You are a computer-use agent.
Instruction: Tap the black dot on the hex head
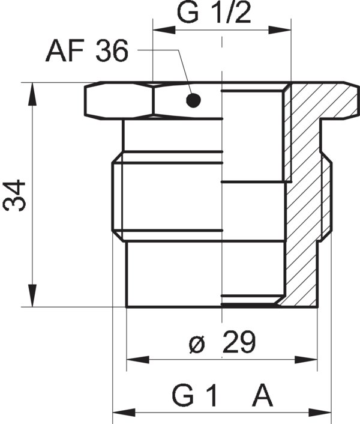[x=192, y=100]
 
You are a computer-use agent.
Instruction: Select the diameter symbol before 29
[x=196, y=344]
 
